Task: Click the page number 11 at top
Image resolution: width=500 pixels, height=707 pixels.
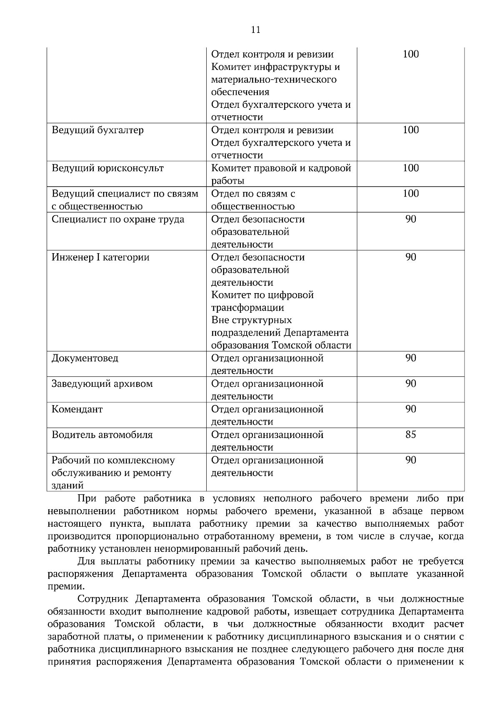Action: click(255, 30)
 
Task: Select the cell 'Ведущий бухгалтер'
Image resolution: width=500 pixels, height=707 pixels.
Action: click(97, 130)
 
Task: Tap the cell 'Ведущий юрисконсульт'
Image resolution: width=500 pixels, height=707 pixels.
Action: click(107, 168)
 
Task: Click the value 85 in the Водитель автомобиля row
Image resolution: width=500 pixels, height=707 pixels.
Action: click(410, 435)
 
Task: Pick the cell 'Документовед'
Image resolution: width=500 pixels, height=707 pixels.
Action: click(85, 358)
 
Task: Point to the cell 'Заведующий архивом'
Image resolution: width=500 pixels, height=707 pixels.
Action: click(102, 384)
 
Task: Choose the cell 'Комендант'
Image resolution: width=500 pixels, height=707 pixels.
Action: click(77, 409)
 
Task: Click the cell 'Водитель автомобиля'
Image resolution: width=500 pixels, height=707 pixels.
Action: click(102, 435)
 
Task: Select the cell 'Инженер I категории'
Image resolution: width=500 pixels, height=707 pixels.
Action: click(100, 257)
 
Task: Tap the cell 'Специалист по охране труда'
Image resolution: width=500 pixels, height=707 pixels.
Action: click(118, 219)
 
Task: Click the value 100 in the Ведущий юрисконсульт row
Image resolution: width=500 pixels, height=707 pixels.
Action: click(410, 168)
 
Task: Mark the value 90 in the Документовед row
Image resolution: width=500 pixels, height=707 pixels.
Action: click(410, 358)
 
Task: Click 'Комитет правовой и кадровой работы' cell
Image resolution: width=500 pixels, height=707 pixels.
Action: click(281, 174)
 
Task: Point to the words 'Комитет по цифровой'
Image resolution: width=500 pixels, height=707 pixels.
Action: click(262, 295)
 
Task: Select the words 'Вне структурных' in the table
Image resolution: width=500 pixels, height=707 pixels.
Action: click(252, 321)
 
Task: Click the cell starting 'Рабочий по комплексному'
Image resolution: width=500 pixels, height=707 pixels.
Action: click(113, 473)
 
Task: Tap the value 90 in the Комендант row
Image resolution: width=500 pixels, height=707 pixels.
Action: click(410, 409)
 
